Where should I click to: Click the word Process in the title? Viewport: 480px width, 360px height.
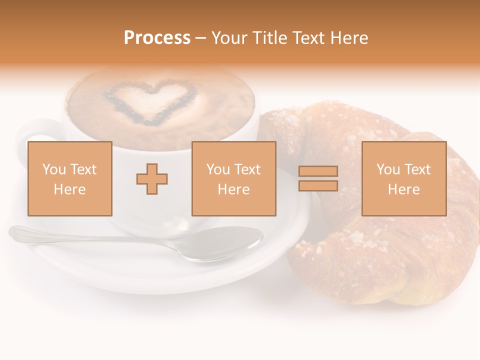coord(157,38)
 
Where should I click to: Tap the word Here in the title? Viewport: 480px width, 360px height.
coord(348,38)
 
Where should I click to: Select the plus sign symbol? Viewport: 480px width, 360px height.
coord(152,178)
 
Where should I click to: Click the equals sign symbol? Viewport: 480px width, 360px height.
coord(318,178)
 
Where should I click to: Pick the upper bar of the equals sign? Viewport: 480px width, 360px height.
coord(318,171)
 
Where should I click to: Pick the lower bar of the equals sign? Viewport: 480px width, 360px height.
coord(318,185)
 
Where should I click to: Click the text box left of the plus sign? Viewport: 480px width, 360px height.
coord(70,178)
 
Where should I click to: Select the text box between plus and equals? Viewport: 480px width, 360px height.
coord(234,178)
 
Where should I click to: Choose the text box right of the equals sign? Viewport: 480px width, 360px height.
coord(404,178)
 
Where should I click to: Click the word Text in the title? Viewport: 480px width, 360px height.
coord(310,38)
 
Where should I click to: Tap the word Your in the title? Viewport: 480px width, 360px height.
coord(229,38)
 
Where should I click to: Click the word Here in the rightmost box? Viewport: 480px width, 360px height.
coord(404,189)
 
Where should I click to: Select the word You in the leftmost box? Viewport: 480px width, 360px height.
coord(54,169)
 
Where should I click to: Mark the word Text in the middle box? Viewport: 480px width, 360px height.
coord(247,169)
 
